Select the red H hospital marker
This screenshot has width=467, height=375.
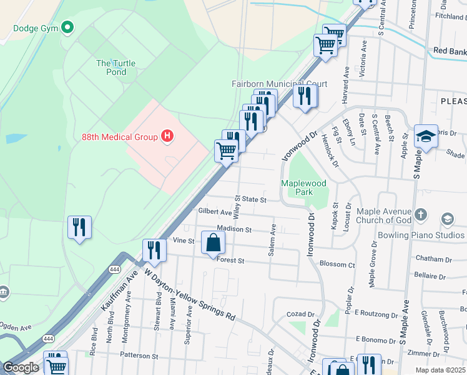coord(167,136)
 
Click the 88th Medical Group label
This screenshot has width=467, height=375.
coord(120,136)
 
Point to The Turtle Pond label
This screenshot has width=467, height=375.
coord(116,67)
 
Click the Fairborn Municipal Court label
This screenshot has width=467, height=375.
coord(279,84)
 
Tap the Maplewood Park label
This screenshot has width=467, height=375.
coord(303,187)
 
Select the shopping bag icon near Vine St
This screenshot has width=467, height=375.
coord(213,242)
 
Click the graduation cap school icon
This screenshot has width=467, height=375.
coord(426,137)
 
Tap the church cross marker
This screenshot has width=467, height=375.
coord(421,215)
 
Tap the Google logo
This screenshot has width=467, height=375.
coord(21,367)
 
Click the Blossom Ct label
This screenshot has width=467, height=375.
coord(337,264)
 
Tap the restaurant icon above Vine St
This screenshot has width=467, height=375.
coord(154,250)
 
